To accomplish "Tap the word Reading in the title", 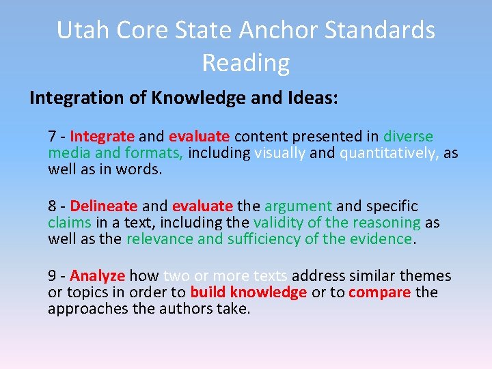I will coord(246,63).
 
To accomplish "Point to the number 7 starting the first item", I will coord(52,137).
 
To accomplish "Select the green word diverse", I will coord(408,137).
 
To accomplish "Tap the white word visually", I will coord(279,153).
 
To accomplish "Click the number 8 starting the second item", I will coord(52,206).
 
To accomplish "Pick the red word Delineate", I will coord(104,206).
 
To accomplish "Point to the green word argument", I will coord(298,206).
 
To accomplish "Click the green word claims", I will coord(69,223).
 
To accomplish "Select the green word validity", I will coord(277,223).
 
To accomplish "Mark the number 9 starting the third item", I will coord(52,276).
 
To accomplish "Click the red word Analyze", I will coord(98,276).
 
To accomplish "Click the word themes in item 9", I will coord(424,276).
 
